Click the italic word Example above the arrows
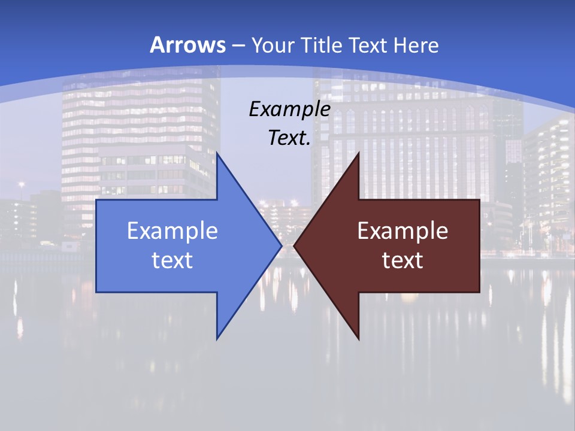(289, 110)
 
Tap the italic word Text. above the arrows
(289, 138)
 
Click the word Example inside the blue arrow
(172, 231)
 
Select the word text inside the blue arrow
(172, 260)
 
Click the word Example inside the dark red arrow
(402, 231)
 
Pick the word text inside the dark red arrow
(402, 260)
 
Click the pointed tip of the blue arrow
(281, 245)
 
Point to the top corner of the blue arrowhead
(217, 153)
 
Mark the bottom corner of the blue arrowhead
(217, 338)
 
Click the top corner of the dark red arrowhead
(358, 153)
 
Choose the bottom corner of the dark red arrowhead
(358, 338)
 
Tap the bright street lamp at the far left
(22, 185)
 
